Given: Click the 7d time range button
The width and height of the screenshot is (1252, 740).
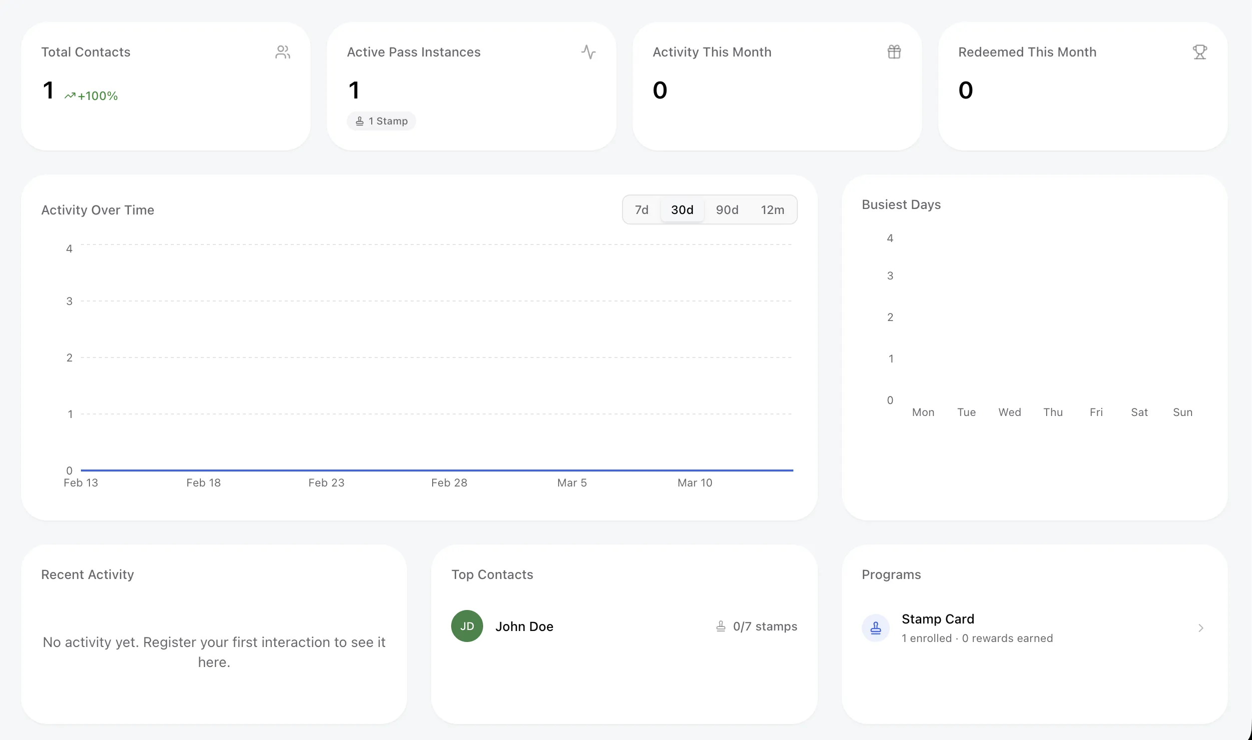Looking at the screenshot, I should [641, 210].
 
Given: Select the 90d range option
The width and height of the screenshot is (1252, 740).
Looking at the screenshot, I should [727, 210].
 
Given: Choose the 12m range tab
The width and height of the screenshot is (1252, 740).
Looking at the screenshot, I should [772, 210].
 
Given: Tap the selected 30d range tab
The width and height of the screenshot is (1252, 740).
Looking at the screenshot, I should [682, 210].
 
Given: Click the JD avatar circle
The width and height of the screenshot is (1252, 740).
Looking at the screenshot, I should [467, 626].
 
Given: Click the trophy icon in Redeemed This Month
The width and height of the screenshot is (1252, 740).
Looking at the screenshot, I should [1200, 52].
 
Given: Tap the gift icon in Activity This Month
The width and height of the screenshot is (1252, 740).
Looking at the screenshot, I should [894, 52].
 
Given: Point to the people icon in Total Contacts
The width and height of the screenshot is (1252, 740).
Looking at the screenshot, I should [283, 52].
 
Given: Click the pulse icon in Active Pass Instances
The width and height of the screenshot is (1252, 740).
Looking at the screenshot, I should [588, 52].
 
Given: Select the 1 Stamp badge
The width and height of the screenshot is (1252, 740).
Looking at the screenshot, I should [382, 121].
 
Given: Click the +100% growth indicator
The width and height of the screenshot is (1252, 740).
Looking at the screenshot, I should [91, 96].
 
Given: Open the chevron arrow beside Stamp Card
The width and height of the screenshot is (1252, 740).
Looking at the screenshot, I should [1201, 628].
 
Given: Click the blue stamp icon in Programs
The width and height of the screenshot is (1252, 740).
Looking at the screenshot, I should [875, 628].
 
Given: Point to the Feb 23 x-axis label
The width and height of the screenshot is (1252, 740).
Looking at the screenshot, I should [326, 483].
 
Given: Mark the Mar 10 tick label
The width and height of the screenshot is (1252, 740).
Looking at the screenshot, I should [694, 483].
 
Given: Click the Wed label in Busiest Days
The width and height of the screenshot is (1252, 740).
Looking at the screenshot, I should [1009, 412].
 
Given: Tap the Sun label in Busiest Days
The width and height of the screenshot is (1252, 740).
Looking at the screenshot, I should [1182, 412].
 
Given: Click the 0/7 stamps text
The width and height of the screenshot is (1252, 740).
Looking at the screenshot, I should [764, 626].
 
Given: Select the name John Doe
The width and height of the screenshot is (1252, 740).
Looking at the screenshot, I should [524, 626].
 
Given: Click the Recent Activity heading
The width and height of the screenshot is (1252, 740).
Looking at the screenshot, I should [87, 574].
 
